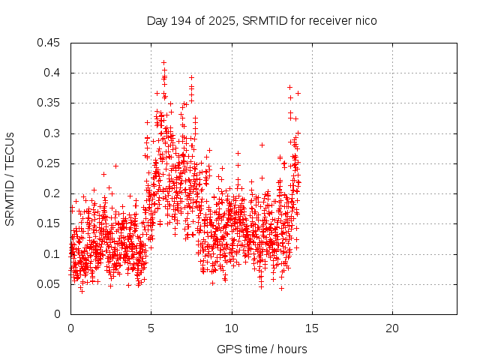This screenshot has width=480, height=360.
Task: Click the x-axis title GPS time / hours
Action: (262, 349)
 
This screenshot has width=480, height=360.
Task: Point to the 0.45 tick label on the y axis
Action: (49, 43)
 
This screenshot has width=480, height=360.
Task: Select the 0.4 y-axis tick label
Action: (52, 73)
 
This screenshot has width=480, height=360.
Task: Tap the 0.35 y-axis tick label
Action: (49, 103)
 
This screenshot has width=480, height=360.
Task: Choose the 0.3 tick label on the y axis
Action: (52, 133)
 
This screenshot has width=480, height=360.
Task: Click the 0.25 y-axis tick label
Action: (49, 163)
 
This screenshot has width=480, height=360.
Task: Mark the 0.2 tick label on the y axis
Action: (52, 193)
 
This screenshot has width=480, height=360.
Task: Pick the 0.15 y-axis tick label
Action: (49, 223)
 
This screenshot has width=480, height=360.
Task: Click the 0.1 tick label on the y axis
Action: (52, 254)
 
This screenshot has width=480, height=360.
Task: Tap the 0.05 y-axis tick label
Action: (49, 284)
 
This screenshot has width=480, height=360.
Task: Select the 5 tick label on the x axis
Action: (151, 328)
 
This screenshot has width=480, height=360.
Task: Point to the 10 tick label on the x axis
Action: (232, 328)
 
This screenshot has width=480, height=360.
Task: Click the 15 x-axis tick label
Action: (312, 328)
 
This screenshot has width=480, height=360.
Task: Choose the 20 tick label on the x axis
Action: (392, 328)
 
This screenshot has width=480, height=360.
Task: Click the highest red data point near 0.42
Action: (163, 63)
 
